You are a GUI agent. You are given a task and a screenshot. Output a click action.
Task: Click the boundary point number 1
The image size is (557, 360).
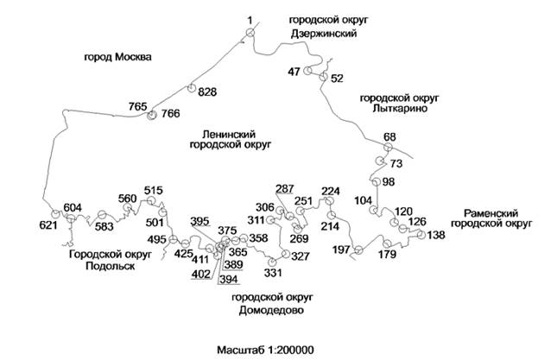tap(249, 19)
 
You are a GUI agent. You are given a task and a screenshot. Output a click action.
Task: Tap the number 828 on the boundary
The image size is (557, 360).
tap(206, 92)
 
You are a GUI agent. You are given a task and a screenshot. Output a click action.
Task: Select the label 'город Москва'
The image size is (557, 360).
tap(117, 58)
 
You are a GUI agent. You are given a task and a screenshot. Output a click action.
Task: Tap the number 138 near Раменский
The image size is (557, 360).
tap(437, 235)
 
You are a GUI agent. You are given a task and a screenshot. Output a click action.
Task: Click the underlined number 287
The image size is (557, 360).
tap(285, 188)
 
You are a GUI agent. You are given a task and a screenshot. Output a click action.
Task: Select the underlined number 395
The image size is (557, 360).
tap(200, 221)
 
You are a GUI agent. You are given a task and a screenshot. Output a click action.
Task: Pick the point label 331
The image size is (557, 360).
tap(273, 274)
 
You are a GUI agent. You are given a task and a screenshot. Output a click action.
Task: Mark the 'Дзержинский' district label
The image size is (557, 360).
tap(321, 33)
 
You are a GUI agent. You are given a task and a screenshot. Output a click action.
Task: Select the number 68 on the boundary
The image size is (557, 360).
tap(389, 137)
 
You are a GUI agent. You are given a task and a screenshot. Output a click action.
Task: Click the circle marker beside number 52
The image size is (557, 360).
tap(324, 78)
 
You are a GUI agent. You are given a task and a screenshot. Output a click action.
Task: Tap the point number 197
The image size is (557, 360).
tap(341, 249)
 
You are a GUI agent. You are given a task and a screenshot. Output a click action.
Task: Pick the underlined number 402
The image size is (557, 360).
tap(200, 274)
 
